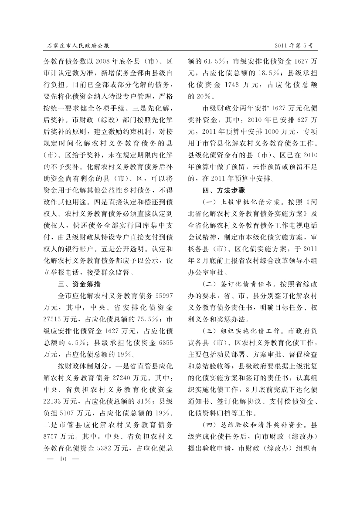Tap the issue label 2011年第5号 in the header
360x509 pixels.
tap(295, 45)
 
